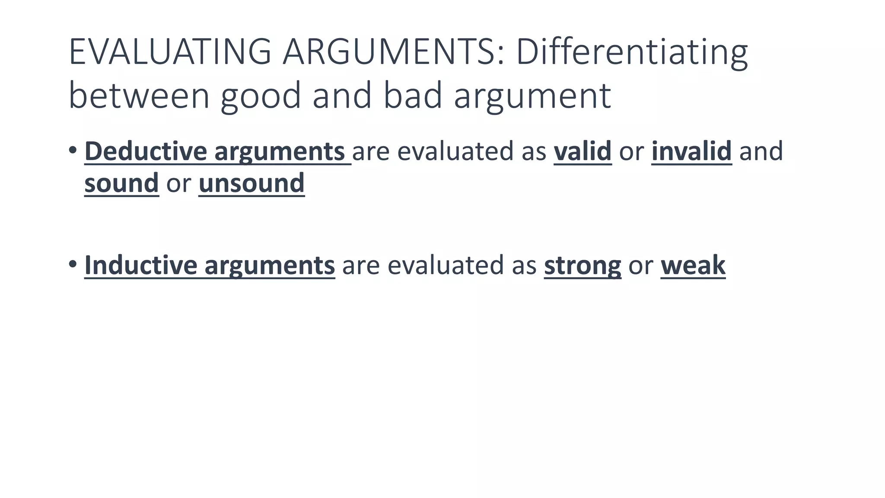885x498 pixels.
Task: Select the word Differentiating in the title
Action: point(631,52)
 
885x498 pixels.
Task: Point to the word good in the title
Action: point(260,96)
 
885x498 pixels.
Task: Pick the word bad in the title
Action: point(413,96)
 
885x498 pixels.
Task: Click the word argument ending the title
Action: point(532,96)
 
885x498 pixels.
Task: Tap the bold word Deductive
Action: point(146,151)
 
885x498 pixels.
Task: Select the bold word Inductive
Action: point(141,265)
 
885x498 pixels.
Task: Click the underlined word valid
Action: point(583,151)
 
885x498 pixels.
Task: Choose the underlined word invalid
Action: point(691,151)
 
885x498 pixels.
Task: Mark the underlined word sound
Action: point(121,183)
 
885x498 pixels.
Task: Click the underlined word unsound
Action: point(251,183)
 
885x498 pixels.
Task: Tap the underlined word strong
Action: point(583,265)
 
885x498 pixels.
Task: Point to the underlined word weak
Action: point(693,265)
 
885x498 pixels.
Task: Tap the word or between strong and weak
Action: point(641,265)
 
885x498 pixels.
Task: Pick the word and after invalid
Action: point(761,151)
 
